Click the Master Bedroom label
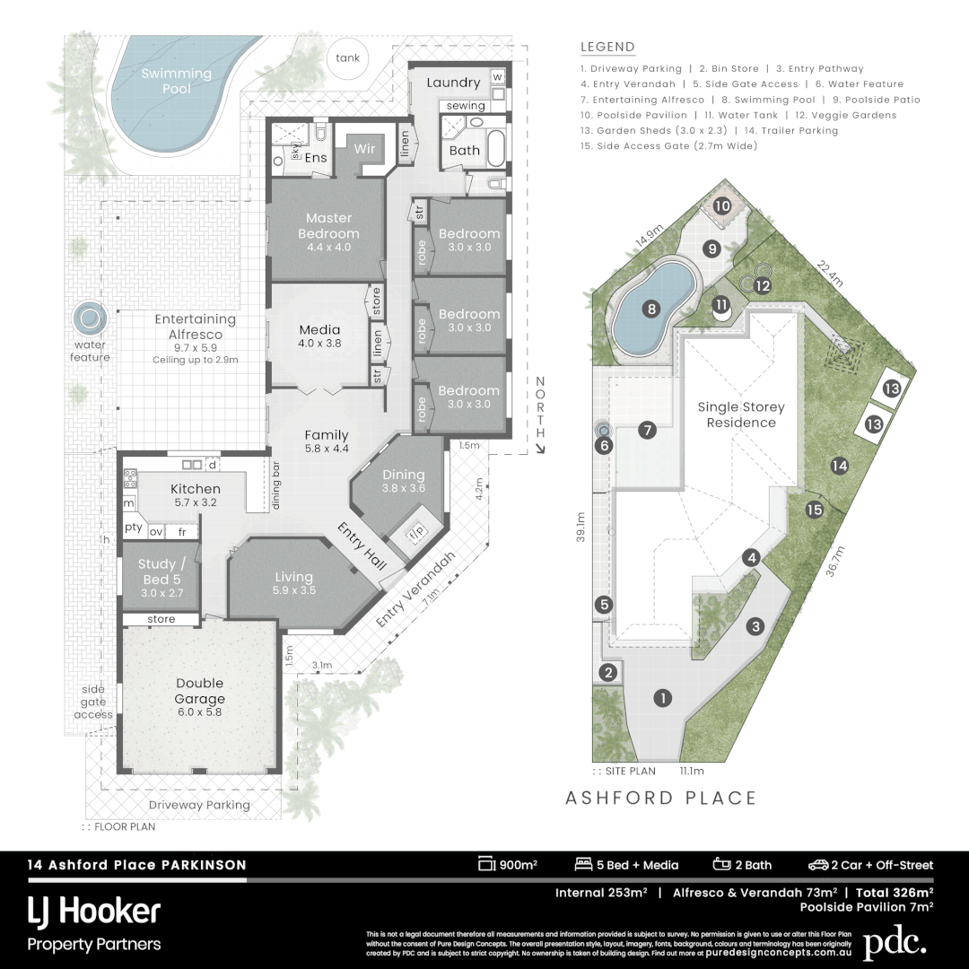point(328,225)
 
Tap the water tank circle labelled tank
point(347,58)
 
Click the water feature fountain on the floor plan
point(89,318)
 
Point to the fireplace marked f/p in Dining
point(415,532)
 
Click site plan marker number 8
point(652,310)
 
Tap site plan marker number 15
point(814,510)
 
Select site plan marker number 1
point(663,697)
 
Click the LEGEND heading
point(607,48)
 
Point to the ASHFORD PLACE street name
point(661,798)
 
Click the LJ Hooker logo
point(94,912)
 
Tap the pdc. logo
point(894,943)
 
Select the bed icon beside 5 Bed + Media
point(583,865)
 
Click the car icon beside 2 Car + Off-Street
point(817,865)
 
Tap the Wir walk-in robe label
point(363,148)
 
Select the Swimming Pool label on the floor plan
point(177,81)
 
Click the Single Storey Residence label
point(741,415)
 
